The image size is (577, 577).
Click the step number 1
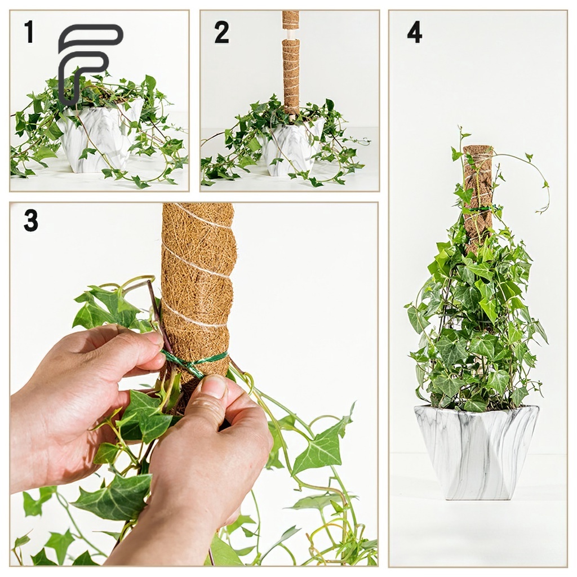(x=29, y=32)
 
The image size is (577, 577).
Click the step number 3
(x=31, y=220)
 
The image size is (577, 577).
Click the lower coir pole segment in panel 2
(x=291, y=77)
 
